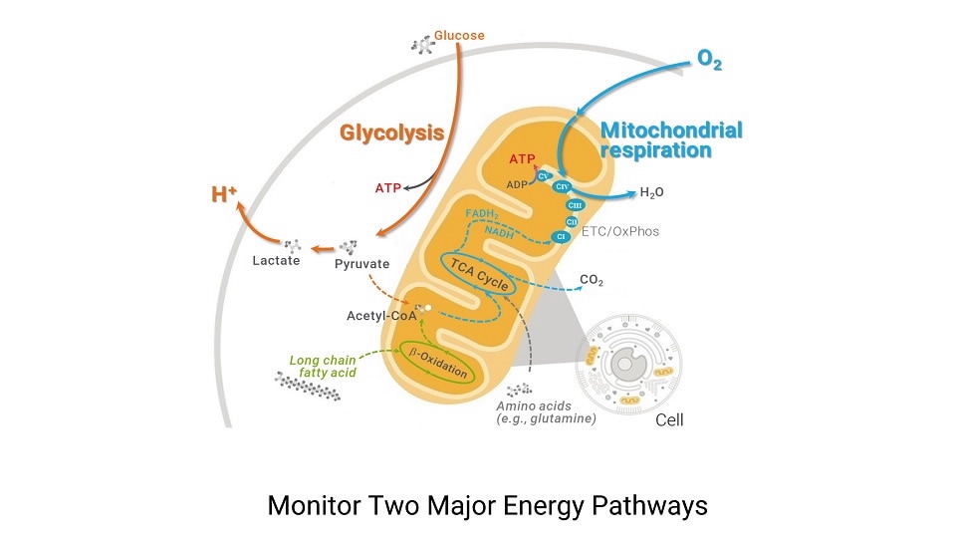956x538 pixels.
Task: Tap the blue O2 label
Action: (x=709, y=62)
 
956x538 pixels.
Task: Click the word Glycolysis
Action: (x=391, y=133)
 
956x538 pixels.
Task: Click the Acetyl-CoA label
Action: (x=380, y=316)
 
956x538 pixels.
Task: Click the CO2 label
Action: (x=592, y=280)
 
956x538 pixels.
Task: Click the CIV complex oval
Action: (x=561, y=186)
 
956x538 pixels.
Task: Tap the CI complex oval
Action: (x=561, y=236)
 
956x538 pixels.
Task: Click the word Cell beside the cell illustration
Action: (x=669, y=419)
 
